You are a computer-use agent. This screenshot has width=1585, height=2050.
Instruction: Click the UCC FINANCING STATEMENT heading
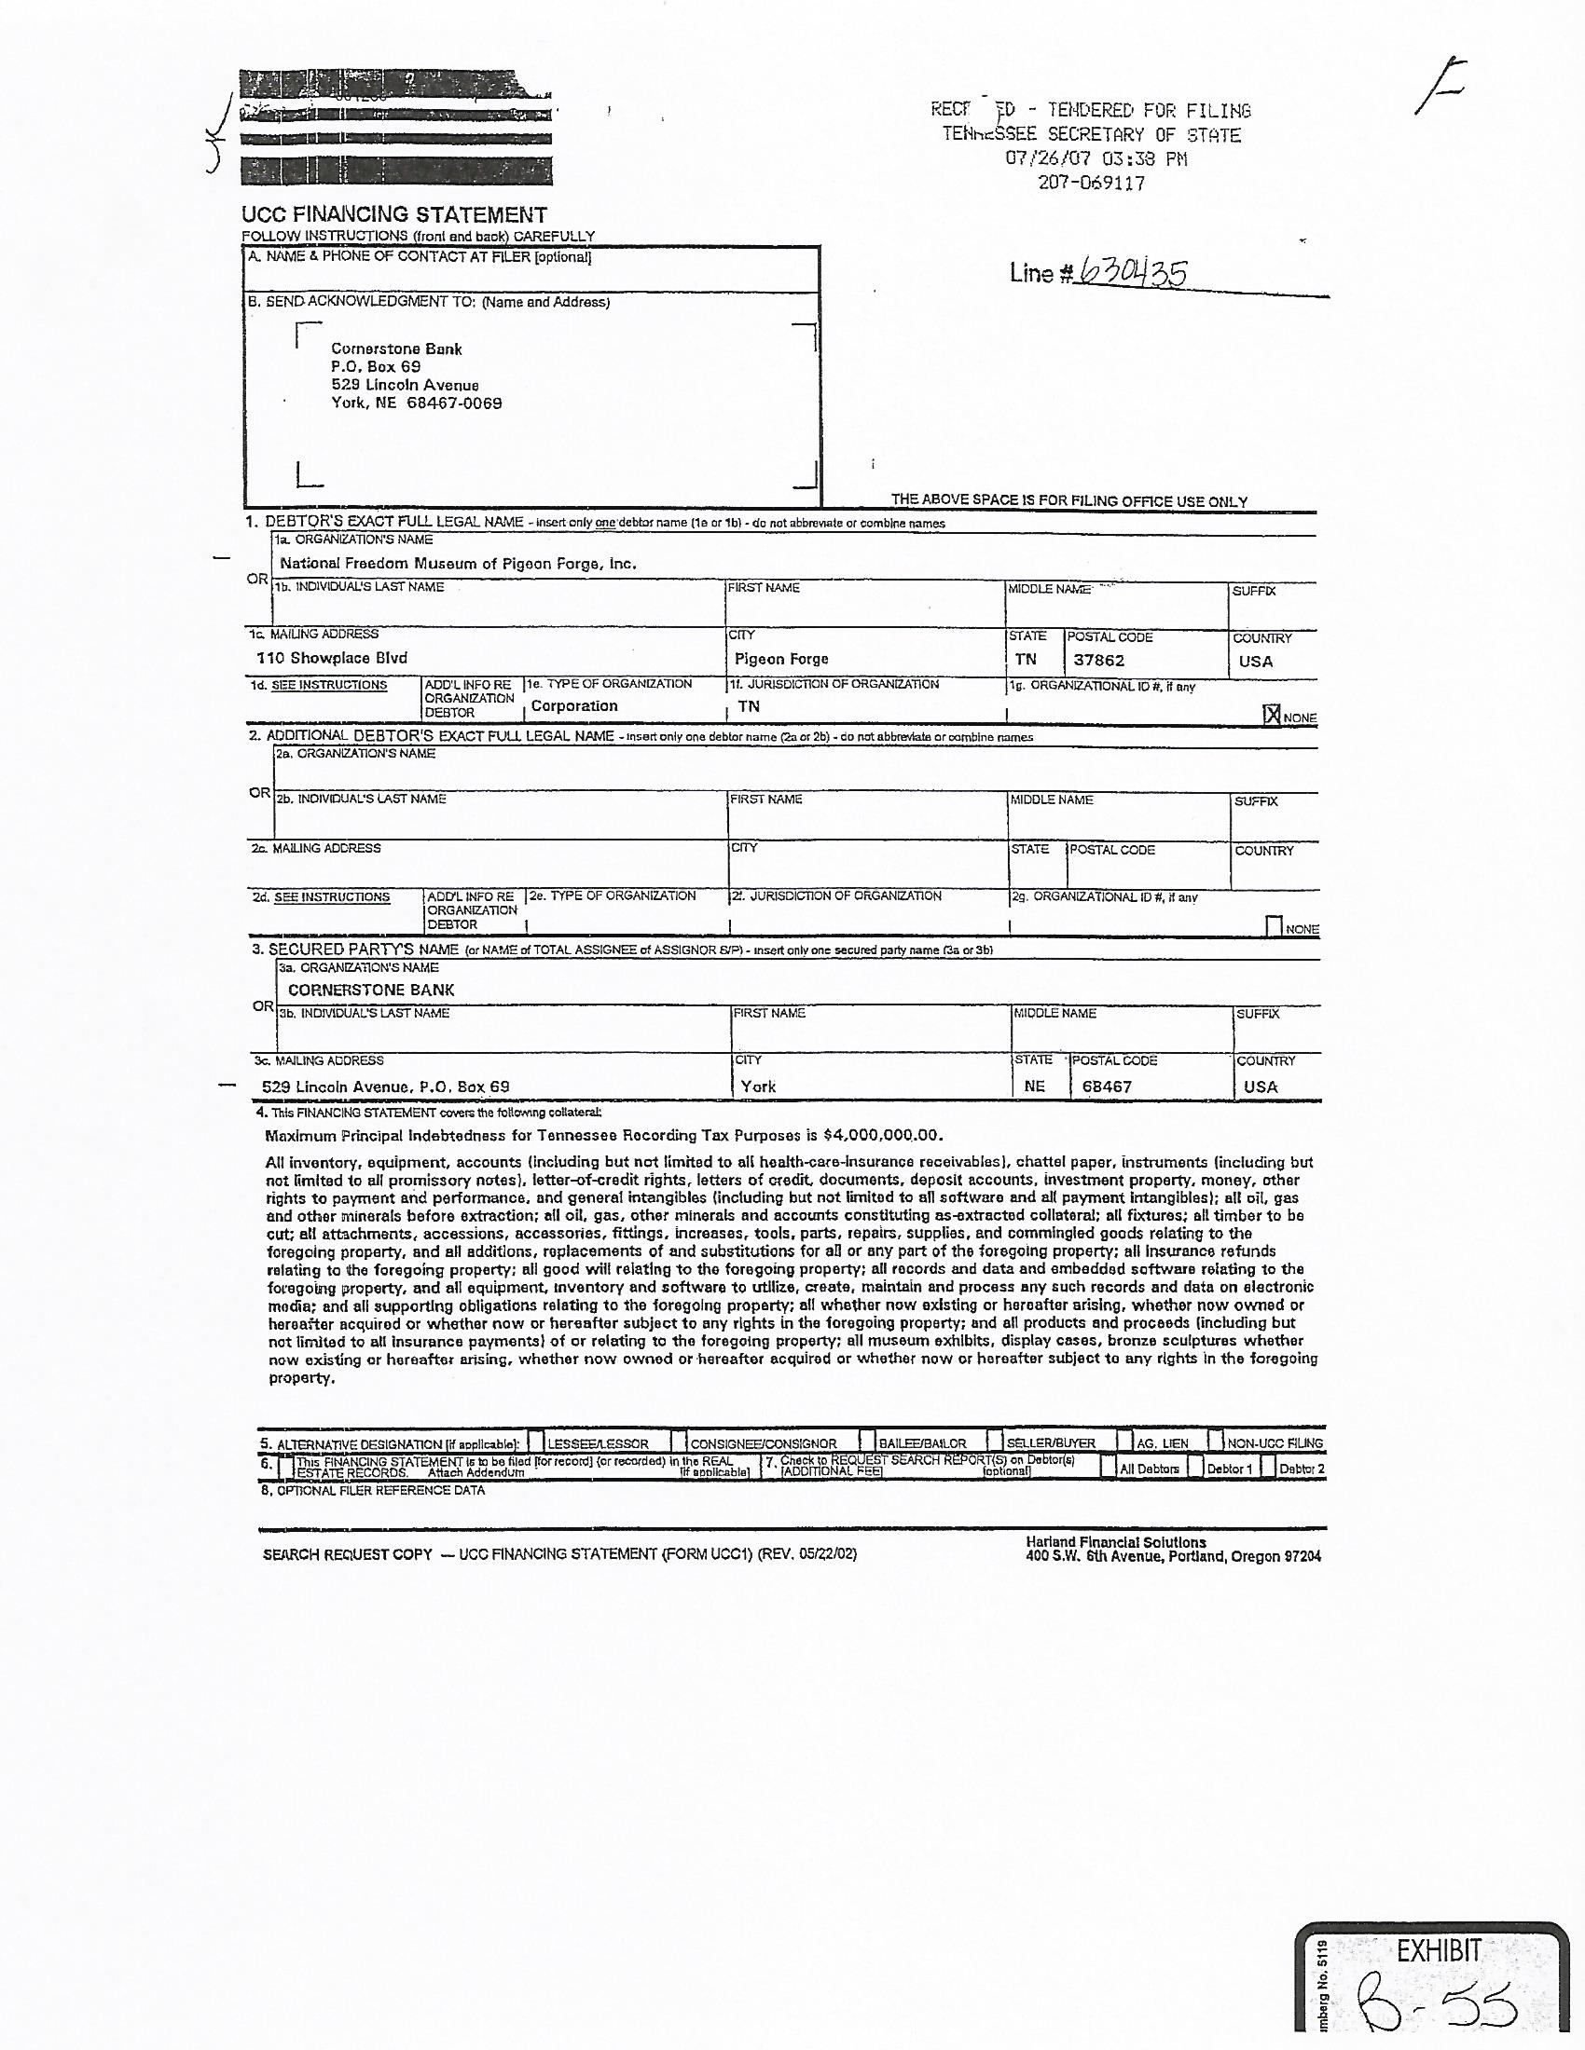tap(394, 215)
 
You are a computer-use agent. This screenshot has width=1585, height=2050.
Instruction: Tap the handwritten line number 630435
tap(1133, 272)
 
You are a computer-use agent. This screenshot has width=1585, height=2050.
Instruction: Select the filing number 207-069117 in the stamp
tap(1091, 183)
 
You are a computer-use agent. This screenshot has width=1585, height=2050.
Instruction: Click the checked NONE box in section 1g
tap(1272, 716)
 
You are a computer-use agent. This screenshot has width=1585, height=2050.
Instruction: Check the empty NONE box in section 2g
tap(1275, 926)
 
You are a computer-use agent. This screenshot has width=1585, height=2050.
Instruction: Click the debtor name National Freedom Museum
tap(457, 564)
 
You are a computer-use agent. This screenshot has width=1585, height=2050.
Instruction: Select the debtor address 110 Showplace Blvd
tap(332, 658)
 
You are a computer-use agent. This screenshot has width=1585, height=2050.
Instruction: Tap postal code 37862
tap(1098, 660)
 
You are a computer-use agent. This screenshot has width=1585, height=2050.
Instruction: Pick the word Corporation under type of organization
tap(573, 706)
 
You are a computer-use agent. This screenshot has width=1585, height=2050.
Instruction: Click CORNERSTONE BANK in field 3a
tap(371, 990)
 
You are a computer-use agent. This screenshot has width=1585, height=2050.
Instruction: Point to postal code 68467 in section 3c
tap(1107, 1086)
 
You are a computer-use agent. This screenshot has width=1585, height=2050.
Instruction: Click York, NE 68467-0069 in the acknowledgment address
tap(416, 403)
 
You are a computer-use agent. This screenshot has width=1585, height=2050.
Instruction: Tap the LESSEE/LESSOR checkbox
tap(535, 1441)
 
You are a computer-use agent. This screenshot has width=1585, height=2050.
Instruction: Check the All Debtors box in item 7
tap(1109, 1467)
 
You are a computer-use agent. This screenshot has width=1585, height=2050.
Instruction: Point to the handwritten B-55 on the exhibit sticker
tap(1437, 2009)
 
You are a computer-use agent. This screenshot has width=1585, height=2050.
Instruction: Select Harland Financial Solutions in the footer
tap(1115, 1542)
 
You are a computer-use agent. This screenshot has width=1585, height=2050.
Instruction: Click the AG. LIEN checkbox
tap(1125, 1441)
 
